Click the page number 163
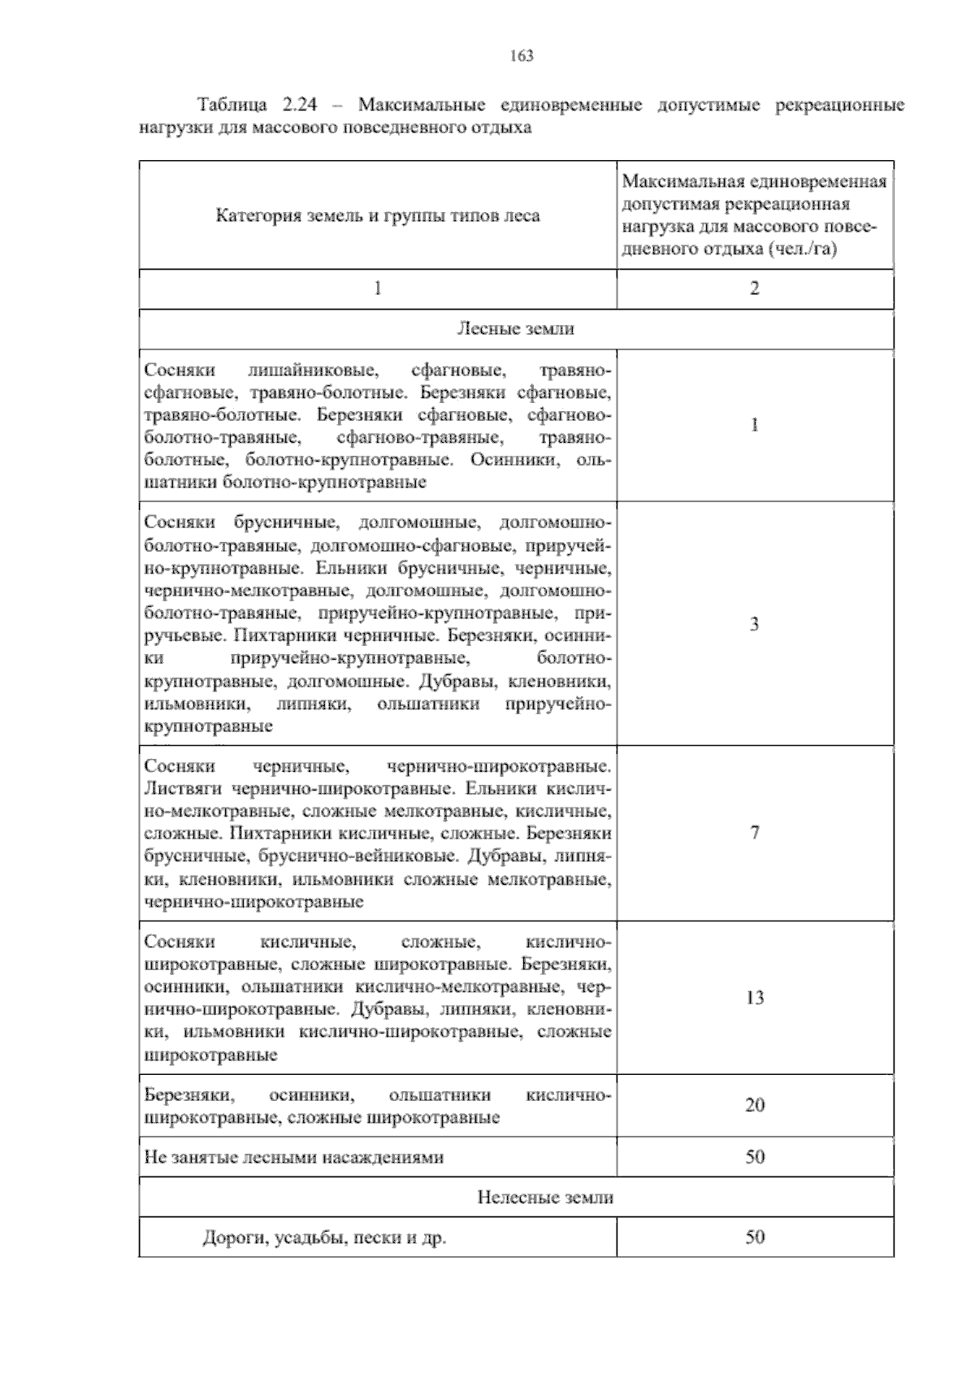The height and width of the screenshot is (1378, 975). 521,56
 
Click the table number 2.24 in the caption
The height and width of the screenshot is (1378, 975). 301,106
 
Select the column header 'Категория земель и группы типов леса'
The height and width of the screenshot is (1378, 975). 377,216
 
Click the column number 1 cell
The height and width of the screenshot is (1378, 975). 377,288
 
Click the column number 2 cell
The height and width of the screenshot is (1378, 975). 754,288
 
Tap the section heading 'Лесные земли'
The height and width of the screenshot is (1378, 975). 515,328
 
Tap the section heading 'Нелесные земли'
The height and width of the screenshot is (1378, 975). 544,1198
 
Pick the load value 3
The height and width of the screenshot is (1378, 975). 754,624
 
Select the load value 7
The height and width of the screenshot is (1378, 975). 754,833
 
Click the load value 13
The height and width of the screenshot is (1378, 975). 754,998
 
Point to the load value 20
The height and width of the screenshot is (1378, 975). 754,1105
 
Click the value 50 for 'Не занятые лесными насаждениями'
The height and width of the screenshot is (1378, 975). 754,1157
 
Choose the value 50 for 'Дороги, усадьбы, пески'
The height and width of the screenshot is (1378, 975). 754,1237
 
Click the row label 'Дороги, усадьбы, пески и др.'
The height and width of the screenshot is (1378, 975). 324,1238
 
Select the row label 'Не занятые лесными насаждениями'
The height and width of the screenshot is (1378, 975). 293,1157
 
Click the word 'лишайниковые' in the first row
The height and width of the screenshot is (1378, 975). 313,370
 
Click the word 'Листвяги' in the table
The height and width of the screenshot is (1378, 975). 184,788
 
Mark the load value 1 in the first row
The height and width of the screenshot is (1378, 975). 754,425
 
